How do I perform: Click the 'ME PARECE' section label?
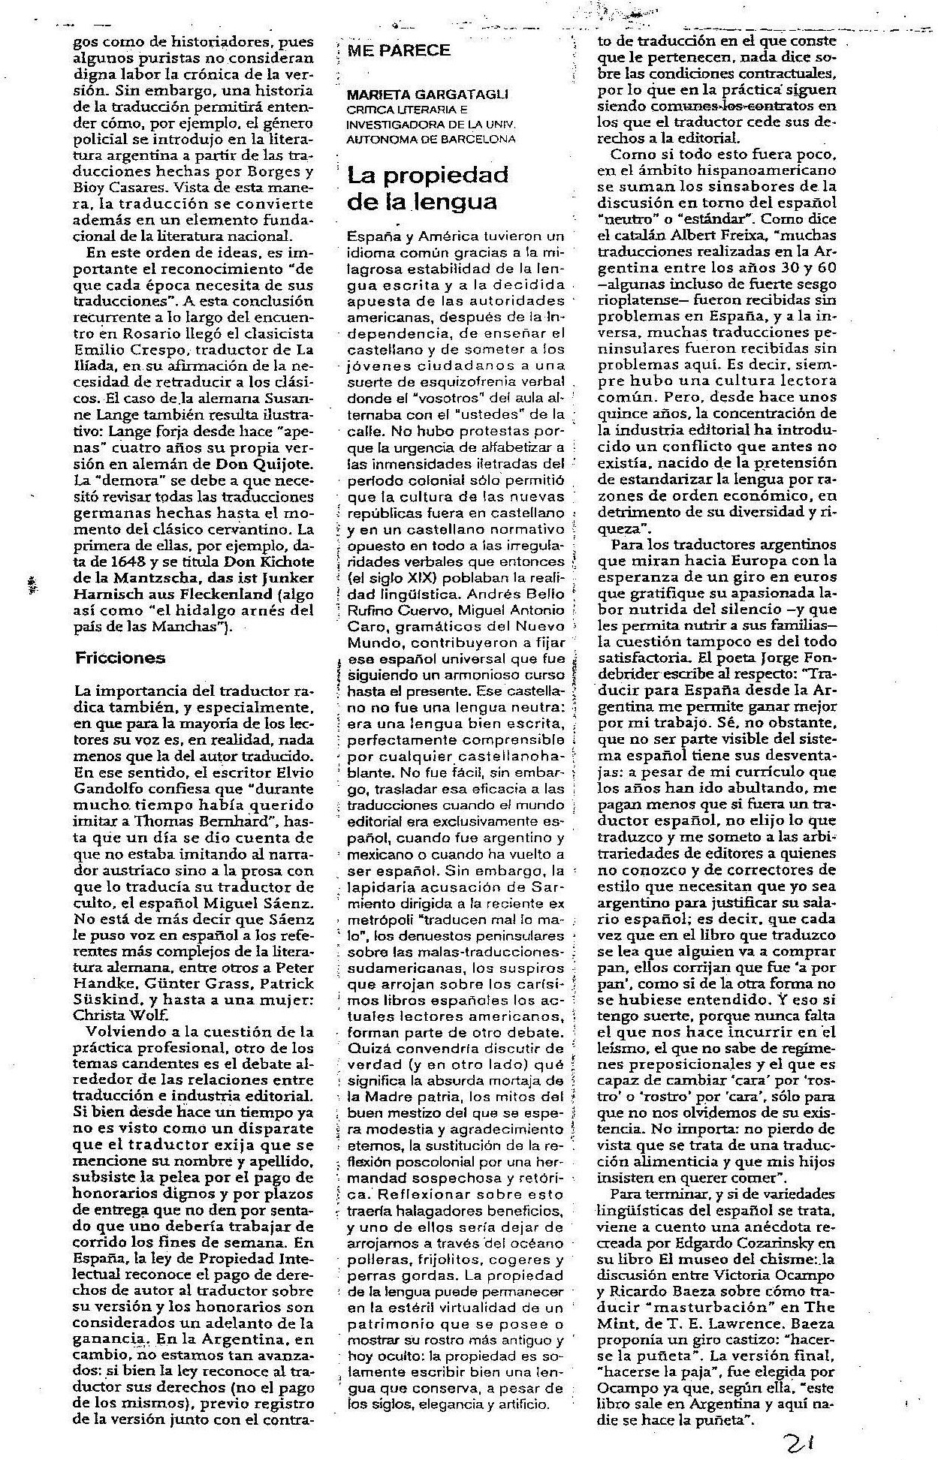click(398, 51)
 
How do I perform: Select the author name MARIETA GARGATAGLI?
click(427, 95)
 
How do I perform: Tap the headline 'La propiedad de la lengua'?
click(427, 188)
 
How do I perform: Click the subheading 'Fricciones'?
click(119, 658)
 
